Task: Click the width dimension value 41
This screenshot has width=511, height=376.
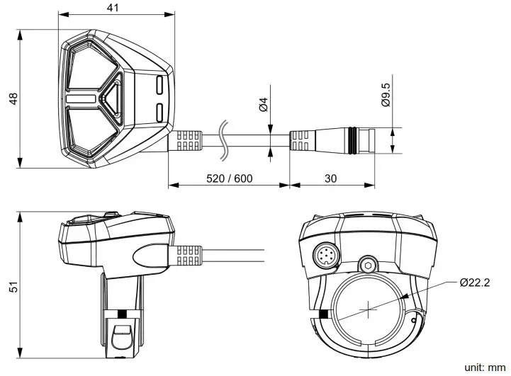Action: (113, 8)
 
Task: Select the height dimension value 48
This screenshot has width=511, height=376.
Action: (11, 98)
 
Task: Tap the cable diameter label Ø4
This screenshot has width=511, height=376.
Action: (263, 106)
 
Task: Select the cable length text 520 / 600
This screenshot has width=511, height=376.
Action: (229, 178)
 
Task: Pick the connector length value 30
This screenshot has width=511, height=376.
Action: (330, 178)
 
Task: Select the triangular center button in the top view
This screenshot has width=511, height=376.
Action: (112, 97)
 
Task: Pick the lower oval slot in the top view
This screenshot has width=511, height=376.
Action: (159, 111)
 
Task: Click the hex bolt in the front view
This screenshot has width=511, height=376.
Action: (366, 266)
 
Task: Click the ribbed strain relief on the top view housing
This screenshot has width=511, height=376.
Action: (188, 139)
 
